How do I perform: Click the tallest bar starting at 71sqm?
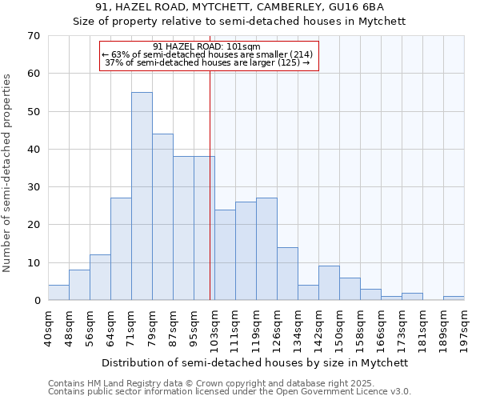(x=142, y=196)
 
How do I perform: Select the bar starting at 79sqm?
(x=162, y=217)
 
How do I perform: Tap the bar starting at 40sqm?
(x=58, y=293)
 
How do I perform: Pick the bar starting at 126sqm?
(x=287, y=274)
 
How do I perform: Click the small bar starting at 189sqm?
(x=454, y=298)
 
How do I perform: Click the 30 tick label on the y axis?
(x=33, y=187)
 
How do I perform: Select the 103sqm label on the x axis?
(x=214, y=327)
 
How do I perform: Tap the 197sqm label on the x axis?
(x=464, y=327)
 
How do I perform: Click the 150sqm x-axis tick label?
(x=339, y=327)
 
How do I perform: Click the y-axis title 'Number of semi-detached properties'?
(x=9, y=173)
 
